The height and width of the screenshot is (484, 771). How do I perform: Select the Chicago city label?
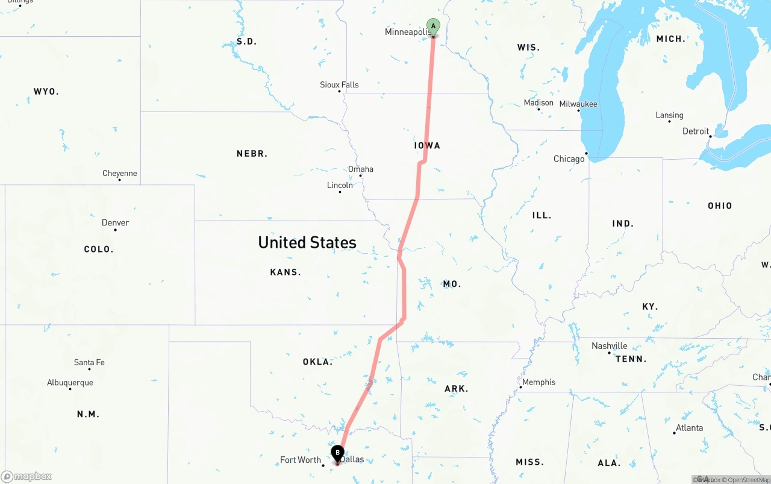(569, 159)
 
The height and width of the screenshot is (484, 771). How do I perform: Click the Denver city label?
(115, 223)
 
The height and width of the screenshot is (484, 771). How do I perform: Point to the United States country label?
(307, 242)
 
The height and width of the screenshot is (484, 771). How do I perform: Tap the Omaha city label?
(361, 169)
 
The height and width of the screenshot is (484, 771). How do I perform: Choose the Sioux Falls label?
(339, 85)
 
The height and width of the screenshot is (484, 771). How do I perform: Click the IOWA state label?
(427, 146)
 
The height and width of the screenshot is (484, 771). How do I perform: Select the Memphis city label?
(538, 382)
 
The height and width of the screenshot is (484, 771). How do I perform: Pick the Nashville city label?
(609, 346)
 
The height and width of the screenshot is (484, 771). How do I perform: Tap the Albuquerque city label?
(70, 383)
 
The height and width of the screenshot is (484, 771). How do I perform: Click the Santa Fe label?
(89, 363)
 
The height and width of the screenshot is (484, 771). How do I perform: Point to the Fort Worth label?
(301, 460)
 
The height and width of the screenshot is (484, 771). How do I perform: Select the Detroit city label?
(696, 131)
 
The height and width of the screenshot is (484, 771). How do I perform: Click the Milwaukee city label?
(578, 104)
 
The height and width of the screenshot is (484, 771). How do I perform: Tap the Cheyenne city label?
(119, 174)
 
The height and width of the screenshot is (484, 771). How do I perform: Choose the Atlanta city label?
(689, 428)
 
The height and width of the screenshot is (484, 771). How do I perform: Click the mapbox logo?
(27, 477)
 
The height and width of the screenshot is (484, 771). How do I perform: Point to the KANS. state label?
(286, 272)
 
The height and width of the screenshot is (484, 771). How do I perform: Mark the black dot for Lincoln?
(340, 192)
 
